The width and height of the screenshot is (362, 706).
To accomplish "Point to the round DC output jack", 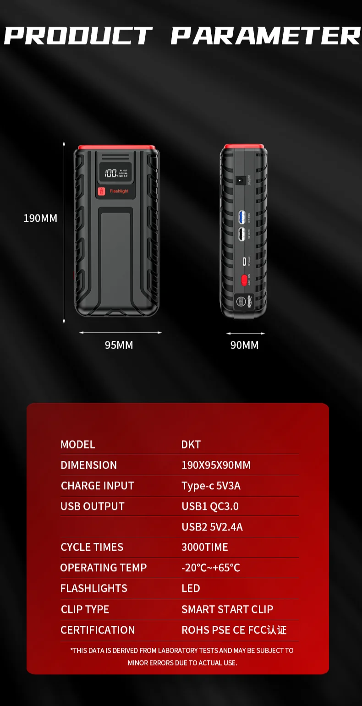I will [x=239, y=181].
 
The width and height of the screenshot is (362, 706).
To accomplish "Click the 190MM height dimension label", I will [x=40, y=218].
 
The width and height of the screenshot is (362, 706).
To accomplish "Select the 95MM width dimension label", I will [x=119, y=345].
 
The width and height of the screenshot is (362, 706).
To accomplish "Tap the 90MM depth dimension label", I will [x=244, y=345].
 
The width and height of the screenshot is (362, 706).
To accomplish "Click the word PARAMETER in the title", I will [x=266, y=36].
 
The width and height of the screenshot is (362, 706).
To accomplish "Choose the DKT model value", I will [x=191, y=444].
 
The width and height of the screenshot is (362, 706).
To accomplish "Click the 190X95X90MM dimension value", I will [x=216, y=465].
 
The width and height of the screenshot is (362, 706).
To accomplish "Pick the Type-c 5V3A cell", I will [x=211, y=486].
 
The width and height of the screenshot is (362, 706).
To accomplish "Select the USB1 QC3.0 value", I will [x=210, y=506].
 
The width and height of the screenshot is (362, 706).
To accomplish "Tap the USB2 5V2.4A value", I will [x=212, y=527].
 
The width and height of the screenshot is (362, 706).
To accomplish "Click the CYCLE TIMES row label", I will [x=92, y=547].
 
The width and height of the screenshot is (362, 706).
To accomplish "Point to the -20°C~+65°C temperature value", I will [x=211, y=568].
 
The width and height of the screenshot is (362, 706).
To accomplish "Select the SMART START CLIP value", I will [x=227, y=609].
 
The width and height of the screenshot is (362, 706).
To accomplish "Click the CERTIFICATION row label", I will [x=98, y=630].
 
